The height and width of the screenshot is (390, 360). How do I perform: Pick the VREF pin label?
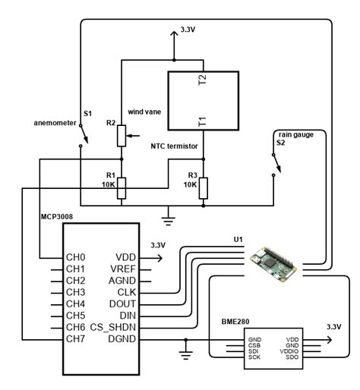122,269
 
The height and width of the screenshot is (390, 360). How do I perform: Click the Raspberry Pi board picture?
276,263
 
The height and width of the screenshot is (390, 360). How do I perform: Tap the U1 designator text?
238,241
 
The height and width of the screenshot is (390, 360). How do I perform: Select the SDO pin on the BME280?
292,357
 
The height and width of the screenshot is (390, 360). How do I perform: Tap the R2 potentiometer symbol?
120,134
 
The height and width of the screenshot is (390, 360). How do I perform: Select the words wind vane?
143,110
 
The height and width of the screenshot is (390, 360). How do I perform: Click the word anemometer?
53,122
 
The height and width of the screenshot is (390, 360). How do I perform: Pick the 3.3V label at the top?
188,30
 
